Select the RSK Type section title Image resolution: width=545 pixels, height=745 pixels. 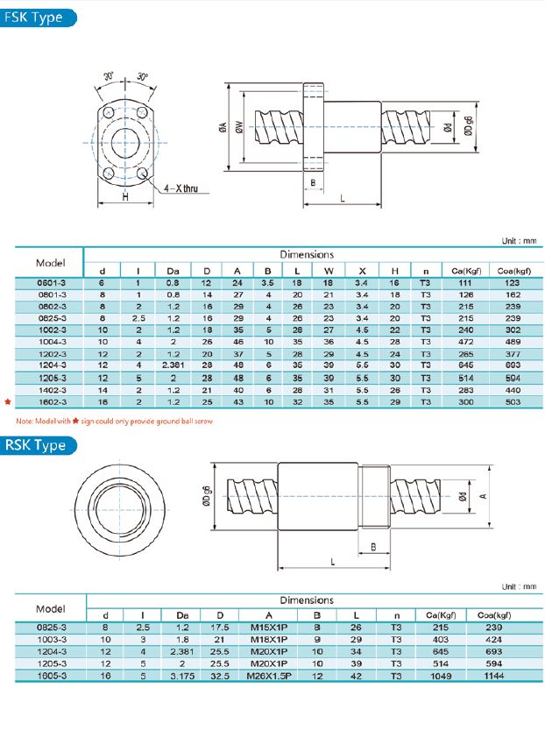pyautogui.click(x=36, y=445)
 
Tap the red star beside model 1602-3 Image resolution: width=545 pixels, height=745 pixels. pyautogui.click(x=8, y=401)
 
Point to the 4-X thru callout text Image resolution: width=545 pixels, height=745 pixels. pyautogui.click(x=180, y=188)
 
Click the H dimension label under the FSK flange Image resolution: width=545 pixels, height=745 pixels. pyautogui.click(x=125, y=198)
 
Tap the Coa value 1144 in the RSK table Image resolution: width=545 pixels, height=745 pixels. pyautogui.click(x=495, y=675)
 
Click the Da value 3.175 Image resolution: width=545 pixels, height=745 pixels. pyautogui.click(x=181, y=675)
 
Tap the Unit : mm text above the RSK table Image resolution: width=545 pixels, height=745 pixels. pyautogui.click(x=517, y=586)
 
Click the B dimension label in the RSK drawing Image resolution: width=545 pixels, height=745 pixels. pyautogui.click(x=374, y=546)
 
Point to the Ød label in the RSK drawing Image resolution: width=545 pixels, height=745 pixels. pyautogui.click(x=462, y=496)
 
